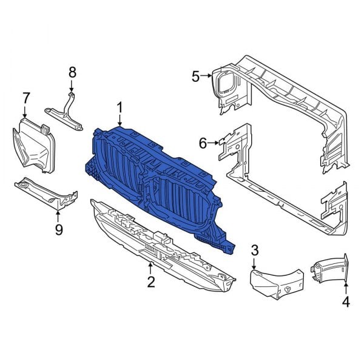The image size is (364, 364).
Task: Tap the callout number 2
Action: pyautogui.click(x=150, y=281)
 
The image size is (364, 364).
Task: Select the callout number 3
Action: pyautogui.click(x=255, y=250)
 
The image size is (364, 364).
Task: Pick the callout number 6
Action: pyautogui.click(x=203, y=143)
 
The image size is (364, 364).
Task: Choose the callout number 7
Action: pyautogui.click(x=25, y=97)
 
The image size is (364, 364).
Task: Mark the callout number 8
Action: pyautogui.click(x=72, y=72)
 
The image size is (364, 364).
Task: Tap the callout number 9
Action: pyautogui.click(x=58, y=229)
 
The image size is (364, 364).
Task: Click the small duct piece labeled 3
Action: pyautogui.click(x=273, y=280)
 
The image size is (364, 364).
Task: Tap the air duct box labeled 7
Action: pyautogui.click(x=33, y=146)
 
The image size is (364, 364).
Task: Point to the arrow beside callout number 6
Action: pyautogui.click(x=215, y=143)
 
